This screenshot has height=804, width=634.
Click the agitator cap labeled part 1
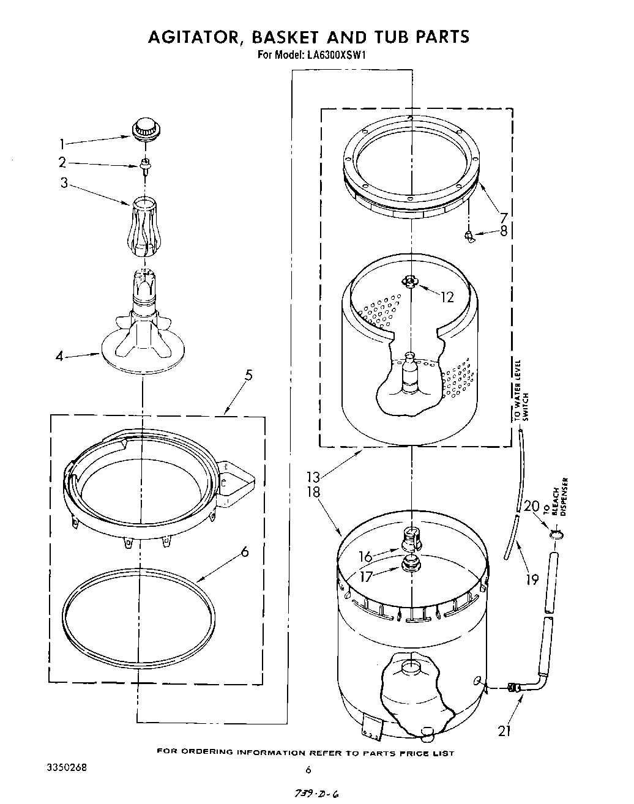click(146, 130)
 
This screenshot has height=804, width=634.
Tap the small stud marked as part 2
click(146, 165)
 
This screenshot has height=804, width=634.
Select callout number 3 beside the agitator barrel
click(64, 182)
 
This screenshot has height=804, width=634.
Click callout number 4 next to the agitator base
click(59, 355)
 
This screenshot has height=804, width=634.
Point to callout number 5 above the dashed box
click(248, 376)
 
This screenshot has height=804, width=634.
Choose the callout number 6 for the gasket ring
click(245, 551)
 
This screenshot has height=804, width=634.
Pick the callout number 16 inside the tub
click(365, 556)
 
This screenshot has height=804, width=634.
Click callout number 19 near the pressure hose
click(532, 578)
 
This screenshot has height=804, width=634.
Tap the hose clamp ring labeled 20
click(555, 535)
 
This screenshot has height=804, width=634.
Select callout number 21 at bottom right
click(504, 731)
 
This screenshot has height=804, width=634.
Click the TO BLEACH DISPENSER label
click(560, 497)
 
